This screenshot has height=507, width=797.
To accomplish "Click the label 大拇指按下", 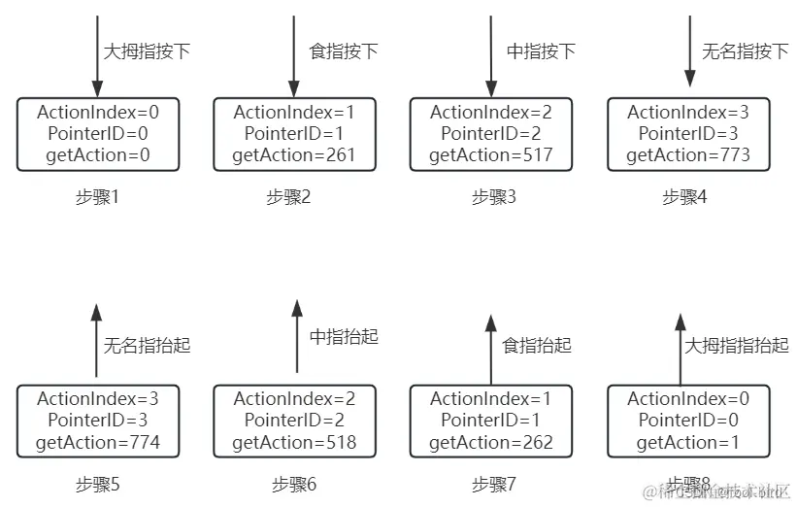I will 146,51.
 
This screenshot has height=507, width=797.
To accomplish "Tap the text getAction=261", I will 294,154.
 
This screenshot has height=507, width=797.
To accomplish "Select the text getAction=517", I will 490,154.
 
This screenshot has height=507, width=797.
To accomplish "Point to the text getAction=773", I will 688,154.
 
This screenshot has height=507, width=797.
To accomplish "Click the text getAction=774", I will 97,443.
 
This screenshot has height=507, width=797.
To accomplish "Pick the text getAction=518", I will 294,443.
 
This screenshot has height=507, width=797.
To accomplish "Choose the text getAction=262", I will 490,443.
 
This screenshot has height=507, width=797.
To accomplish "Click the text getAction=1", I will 688,443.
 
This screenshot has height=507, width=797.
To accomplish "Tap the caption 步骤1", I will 97,197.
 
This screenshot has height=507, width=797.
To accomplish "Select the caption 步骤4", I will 684,197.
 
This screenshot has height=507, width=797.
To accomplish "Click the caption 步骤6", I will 294,484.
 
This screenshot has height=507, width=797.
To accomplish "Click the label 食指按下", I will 343,51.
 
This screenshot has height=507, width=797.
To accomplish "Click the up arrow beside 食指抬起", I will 490,348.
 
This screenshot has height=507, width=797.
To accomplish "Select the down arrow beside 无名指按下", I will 686,49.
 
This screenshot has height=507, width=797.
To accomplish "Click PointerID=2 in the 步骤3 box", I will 490,134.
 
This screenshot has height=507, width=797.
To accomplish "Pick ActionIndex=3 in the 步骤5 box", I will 97,399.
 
